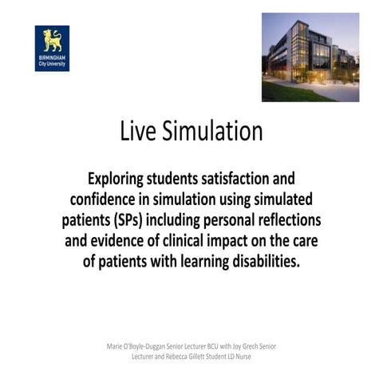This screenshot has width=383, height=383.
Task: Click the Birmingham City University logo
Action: [x=52, y=48]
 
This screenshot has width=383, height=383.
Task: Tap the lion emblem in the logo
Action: [x=52, y=39]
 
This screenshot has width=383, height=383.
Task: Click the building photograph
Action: [x=310, y=57]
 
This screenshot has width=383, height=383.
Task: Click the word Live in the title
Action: [x=138, y=131]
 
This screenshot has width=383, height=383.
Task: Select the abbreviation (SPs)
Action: [x=139, y=219]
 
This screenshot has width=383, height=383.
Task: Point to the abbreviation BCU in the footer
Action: [x=210, y=346]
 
